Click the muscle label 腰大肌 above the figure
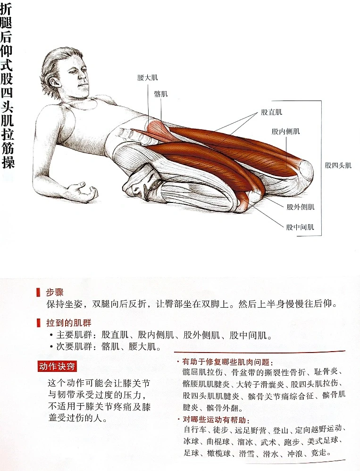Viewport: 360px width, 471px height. tap(147, 78)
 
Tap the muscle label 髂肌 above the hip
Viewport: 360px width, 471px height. tap(161, 94)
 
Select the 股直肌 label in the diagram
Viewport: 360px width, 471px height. tap(271, 112)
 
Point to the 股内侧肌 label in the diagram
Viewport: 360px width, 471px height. tap(285, 131)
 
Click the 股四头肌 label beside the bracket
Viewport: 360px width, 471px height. tap(338, 165)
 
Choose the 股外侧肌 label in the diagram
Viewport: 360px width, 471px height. tap(301, 207)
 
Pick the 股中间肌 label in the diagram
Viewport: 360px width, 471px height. tap(300, 227)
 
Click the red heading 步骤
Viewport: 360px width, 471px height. tap(55, 292)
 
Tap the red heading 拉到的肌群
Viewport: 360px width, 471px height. tap(69, 323)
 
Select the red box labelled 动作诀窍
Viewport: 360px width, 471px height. tap(57, 367)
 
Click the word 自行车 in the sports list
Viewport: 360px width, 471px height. tap(195, 430)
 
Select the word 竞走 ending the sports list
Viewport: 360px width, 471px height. tap(318, 453)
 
